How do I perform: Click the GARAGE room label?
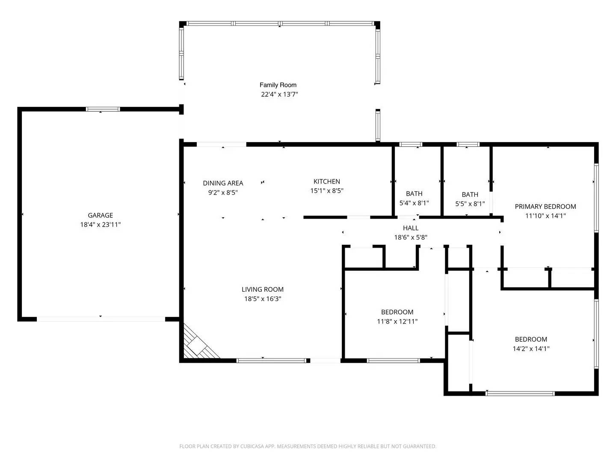pyautogui.click(x=101, y=215)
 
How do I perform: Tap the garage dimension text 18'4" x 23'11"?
pyautogui.click(x=101, y=225)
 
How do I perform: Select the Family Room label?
pyautogui.click(x=278, y=85)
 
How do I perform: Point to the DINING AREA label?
pyautogui.click(x=223, y=183)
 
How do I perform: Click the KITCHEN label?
pyautogui.click(x=327, y=181)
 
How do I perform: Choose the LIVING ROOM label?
pyautogui.click(x=263, y=290)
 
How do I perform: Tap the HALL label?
pyautogui.click(x=411, y=228)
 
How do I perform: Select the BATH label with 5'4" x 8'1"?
pyautogui.click(x=414, y=194)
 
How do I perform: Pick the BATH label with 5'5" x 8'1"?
pyautogui.click(x=470, y=194)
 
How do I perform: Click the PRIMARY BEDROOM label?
pyautogui.click(x=545, y=207)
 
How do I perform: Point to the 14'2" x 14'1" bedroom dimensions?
pyautogui.click(x=531, y=349)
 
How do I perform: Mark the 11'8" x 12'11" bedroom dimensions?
pyautogui.click(x=397, y=321)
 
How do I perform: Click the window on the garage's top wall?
pyautogui.click(x=103, y=110)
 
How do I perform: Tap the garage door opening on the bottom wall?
pyautogui.click(x=101, y=319)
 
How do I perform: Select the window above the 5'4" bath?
pyautogui.click(x=411, y=145)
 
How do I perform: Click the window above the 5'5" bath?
pyautogui.click(x=468, y=145)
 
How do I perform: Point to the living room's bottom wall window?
pyautogui.click(x=271, y=361)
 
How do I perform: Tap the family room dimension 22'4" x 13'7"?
pyautogui.click(x=279, y=95)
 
